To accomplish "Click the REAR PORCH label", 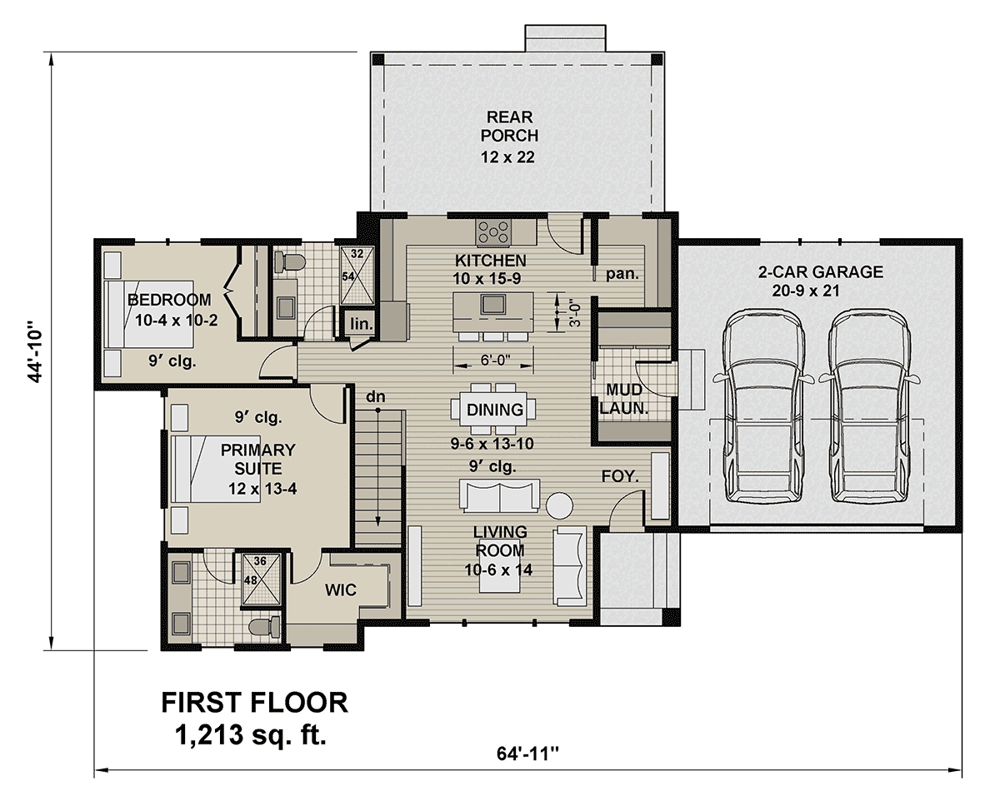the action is [x=509, y=127].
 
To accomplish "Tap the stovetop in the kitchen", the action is [x=493, y=232].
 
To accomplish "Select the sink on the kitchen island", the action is [x=493, y=304].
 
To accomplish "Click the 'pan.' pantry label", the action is [x=622, y=275].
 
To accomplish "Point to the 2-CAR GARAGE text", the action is [x=821, y=271].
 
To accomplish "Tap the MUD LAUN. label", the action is [x=623, y=400].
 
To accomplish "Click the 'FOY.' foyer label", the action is [x=620, y=476].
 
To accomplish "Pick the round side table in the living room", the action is [x=559, y=505].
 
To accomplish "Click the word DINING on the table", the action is [x=495, y=410].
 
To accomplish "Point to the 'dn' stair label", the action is [x=376, y=397].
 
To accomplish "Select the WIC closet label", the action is [x=341, y=590].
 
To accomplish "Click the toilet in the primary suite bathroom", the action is [x=265, y=628].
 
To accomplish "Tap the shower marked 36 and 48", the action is [x=261, y=580].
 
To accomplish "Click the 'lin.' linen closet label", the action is [x=362, y=324].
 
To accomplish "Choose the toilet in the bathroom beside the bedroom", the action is [x=288, y=262].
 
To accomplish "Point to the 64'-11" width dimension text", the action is [x=527, y=754].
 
